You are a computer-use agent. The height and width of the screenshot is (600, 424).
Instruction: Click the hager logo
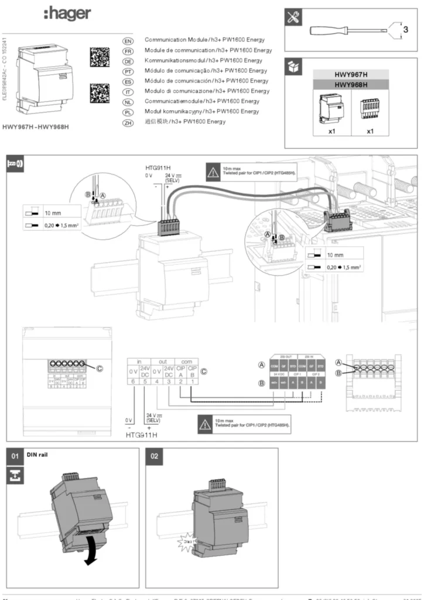click(x=67, y=14)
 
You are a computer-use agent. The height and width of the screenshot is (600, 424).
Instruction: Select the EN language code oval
click(x=128, y=40)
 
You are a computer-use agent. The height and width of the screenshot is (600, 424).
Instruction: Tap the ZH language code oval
click(x=128, y=122)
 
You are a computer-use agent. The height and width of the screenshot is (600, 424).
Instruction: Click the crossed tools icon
click(x=293, y=18)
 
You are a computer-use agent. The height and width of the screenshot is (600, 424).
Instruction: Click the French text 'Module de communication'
click(x=176, y=50)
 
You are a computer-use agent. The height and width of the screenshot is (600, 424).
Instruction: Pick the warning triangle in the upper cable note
click(x=212, y=171)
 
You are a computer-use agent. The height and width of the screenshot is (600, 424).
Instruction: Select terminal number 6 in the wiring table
click(x=133, y=381)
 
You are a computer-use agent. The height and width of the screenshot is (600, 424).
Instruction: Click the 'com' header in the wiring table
click(x=186, y=362)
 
